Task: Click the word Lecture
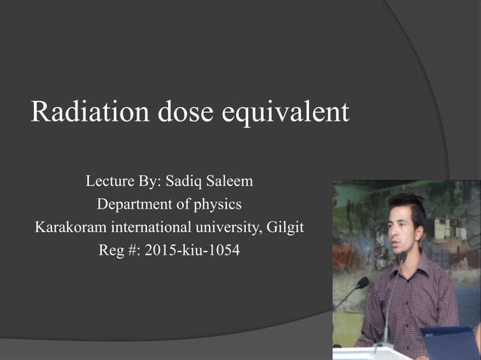click(x=111, y=182)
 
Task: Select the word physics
click(x=218, y=205)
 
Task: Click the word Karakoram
click(x=71, y=227)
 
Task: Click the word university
click(x=231, y=227)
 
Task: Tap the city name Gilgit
click(x=287, y=227)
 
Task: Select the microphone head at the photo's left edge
click(x=362, y=283)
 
